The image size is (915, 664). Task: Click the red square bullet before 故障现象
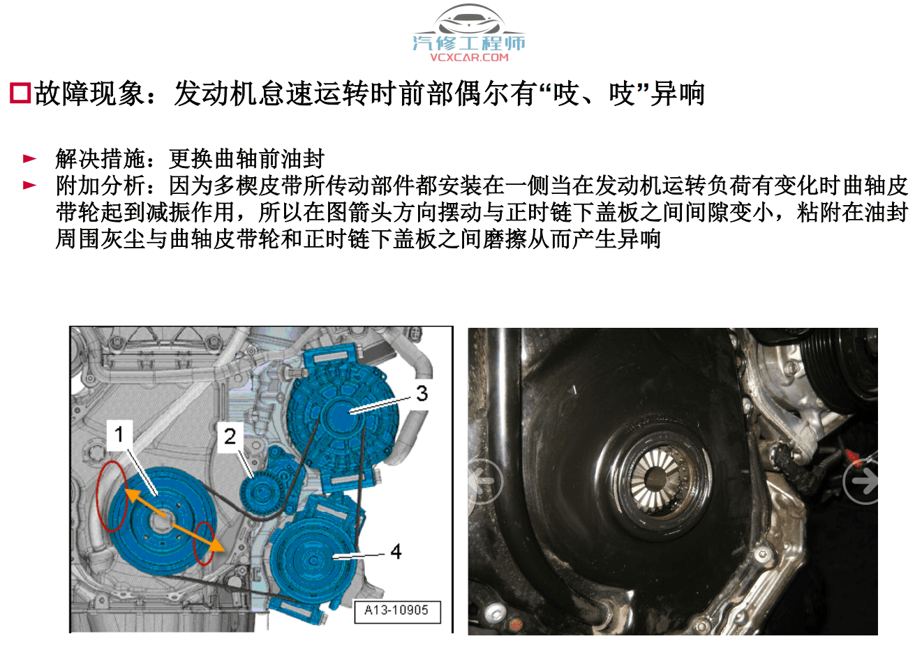coord(20,93)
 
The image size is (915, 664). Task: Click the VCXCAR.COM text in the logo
coord(469,57)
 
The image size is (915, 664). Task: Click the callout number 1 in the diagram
coord(119,434)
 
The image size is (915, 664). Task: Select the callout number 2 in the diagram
coord(230,437)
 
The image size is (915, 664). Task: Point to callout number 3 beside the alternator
coord(422,393)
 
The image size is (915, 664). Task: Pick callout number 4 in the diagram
coord(396,552)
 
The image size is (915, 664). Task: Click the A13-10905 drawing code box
coord(396,610)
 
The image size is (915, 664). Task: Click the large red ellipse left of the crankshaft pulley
coord(112,496)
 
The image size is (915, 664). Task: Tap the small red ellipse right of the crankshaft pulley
coord(204,543)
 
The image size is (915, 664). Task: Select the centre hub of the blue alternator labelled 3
coord(341,414)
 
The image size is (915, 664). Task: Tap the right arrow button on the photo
coord(862,481)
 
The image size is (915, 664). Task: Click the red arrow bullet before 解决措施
coord(29,159)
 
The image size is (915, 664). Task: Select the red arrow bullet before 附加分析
coord(29,186)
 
